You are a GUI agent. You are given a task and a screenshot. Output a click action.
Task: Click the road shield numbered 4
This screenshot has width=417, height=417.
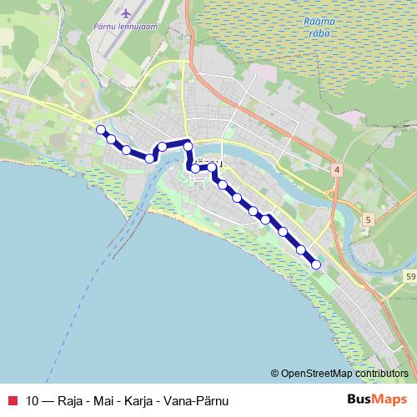[x=337, y=170]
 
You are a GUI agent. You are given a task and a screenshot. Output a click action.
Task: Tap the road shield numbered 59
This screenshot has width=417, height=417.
[x=409, y=275]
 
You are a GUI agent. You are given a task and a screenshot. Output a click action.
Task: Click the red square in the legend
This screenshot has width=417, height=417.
[x=10, y=399]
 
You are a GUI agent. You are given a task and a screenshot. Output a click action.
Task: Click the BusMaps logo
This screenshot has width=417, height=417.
[x=377, y=399]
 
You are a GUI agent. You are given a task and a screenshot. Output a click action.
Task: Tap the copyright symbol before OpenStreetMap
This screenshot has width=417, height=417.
[x=275, y=373]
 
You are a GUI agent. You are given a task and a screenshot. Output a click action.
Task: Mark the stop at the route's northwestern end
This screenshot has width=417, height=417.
[x=101, y=129]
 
